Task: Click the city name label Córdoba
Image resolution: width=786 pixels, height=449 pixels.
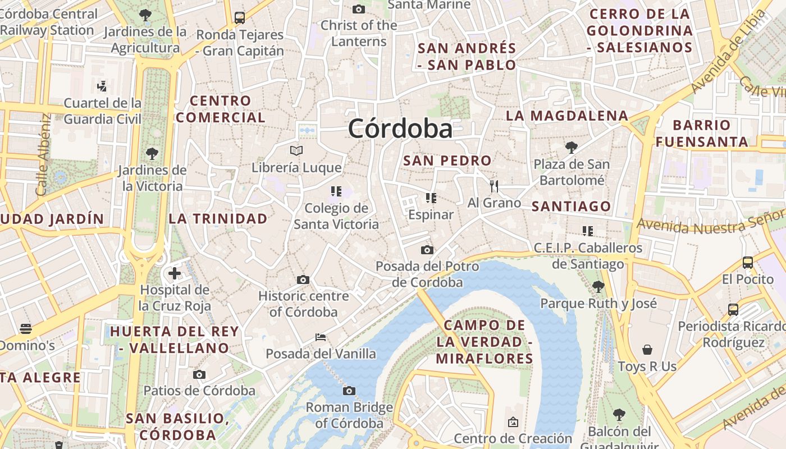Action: [400, 129]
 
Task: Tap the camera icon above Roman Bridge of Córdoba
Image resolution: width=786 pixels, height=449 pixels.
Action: [349, 391]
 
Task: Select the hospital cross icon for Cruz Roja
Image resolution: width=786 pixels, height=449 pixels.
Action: [175, 273]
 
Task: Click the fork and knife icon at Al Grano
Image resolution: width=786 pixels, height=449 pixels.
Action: [494, 186]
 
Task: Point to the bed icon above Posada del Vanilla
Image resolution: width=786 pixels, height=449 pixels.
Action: [321, 337]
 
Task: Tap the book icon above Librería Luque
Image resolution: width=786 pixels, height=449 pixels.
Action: [296, 150]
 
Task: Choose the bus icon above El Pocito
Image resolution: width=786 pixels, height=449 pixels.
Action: [747, 262]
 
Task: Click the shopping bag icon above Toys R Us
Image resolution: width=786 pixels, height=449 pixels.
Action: [647, 350]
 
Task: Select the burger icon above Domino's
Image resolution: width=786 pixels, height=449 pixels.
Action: [26, 328]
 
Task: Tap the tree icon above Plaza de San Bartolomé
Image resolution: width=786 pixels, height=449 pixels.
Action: [572, 148]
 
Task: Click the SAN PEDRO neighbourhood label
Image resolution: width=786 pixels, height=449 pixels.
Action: [447, 161]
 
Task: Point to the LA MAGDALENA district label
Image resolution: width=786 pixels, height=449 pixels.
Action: [567, 116]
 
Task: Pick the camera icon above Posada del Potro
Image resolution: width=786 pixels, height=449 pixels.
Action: [427, 250]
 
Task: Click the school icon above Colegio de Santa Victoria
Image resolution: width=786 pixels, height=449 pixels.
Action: [336, 191]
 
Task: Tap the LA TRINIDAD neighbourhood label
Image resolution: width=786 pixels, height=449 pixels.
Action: [218, 218]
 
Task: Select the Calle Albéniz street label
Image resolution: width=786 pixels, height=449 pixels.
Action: [43, 155]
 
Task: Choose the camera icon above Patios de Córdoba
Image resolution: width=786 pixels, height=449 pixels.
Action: [199, 374]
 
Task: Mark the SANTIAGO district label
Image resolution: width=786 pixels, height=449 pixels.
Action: [571, 206]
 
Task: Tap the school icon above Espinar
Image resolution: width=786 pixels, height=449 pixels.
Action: [431, 198]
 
